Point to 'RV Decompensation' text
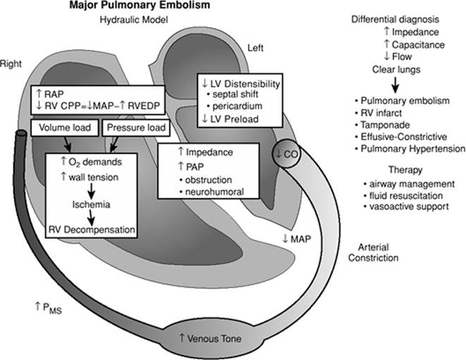90,228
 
